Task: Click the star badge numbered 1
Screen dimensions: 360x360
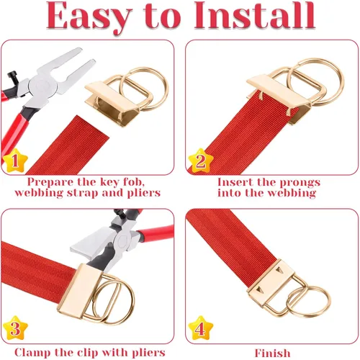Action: point(16,161)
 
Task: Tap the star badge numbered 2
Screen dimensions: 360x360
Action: point(201,161)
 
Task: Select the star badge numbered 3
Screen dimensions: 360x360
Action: point(16,328)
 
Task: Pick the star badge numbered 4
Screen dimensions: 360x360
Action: point(201,328)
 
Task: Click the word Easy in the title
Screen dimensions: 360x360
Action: point(89,17)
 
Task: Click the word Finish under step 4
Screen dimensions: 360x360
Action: point(272,353)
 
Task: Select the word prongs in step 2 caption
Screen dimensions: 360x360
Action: point(300,183)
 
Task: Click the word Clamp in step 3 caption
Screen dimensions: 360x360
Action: point(32,353)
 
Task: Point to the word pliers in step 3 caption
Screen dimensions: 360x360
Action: point(149,353)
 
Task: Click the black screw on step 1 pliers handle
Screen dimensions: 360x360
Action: point(12,76)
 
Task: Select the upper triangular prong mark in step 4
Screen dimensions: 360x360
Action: point(279,270)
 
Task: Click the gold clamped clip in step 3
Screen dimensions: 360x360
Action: point(79,291)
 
